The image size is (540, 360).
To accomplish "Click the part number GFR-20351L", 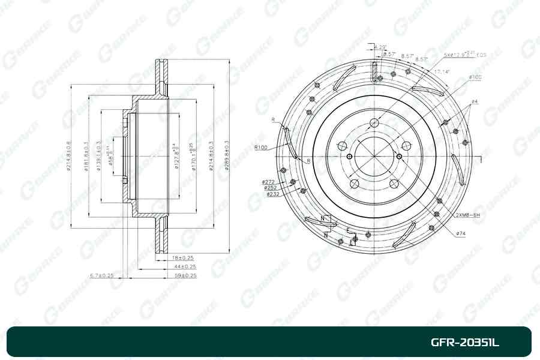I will [x=465, y=343].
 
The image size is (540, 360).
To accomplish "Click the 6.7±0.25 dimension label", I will [x=101, y=275].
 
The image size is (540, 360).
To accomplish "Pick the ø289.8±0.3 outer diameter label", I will [x=227, y=156].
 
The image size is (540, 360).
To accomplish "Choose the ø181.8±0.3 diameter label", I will [x=87, y=156].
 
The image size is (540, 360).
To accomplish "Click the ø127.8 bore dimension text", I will [x=176, y=157].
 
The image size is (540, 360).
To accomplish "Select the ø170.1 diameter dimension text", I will [x=193, y=157].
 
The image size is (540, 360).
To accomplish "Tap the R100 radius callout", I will [x=260, y=147].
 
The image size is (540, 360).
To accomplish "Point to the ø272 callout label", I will [x=268, y=181].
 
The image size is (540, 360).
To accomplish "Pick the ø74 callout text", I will [x=461, y=233].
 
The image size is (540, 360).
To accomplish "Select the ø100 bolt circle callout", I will [x=475, y=77].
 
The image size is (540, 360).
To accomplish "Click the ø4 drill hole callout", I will [x=474, y=101].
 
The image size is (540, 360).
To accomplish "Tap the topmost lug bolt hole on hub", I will [x=374, y=123].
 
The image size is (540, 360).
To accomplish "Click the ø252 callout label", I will [x=270, y=187].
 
